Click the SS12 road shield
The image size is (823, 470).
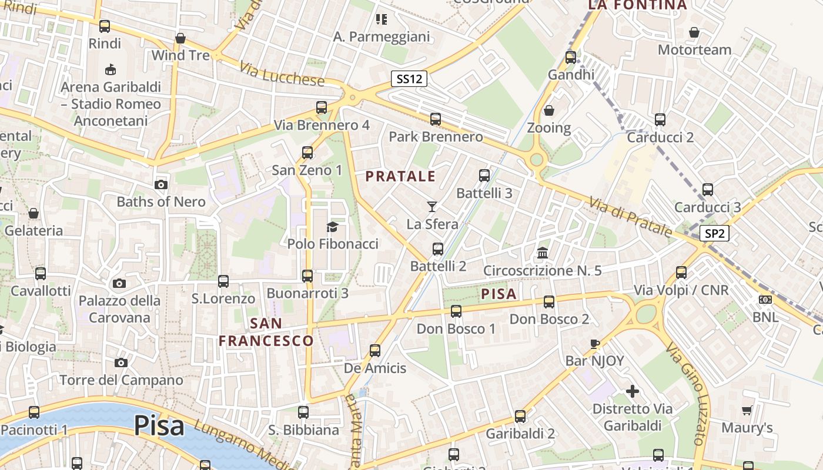point(409,79)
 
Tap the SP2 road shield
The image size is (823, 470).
point(714,233)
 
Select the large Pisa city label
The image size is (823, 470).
point(159,426)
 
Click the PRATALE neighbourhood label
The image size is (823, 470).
point(400,176)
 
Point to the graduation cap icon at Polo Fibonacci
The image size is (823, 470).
point(333,227)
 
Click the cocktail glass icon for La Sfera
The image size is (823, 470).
point(432,206)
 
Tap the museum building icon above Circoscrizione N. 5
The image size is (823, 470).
point(543,253)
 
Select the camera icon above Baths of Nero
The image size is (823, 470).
point(160,184)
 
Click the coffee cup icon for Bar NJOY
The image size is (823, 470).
point(594,344)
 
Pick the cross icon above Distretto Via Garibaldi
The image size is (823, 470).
point(633,391)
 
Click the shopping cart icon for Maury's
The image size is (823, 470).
point(747,410)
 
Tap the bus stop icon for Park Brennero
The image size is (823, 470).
point(436,119)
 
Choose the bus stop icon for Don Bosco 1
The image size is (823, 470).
point(456,311)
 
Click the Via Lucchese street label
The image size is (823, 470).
point(282,74)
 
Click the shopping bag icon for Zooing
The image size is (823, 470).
point(548,110)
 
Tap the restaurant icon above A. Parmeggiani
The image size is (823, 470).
point(382,19)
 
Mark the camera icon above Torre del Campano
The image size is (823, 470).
point(121,362)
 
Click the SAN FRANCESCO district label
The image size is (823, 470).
point(266,332)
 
